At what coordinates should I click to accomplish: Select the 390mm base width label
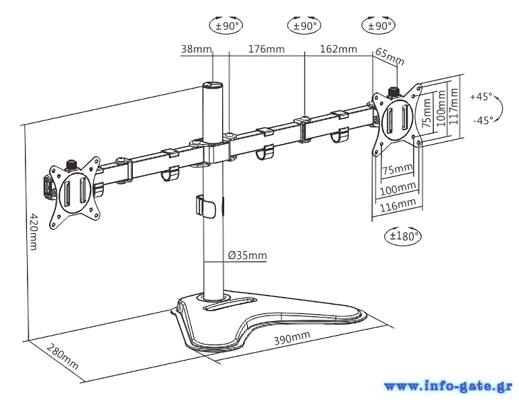pos(291,338)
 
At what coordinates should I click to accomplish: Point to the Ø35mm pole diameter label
pos(247,255)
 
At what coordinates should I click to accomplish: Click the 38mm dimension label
pos(196,49)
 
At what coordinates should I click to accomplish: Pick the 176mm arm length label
pos(266,49)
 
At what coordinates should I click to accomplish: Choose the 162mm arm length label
pos(338,49)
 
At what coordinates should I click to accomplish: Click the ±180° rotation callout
pos(403,235)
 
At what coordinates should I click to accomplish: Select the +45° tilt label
pos(481,97)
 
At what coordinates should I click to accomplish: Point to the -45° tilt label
pos(482,120)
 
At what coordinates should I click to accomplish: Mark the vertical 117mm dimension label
pos(454,107)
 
